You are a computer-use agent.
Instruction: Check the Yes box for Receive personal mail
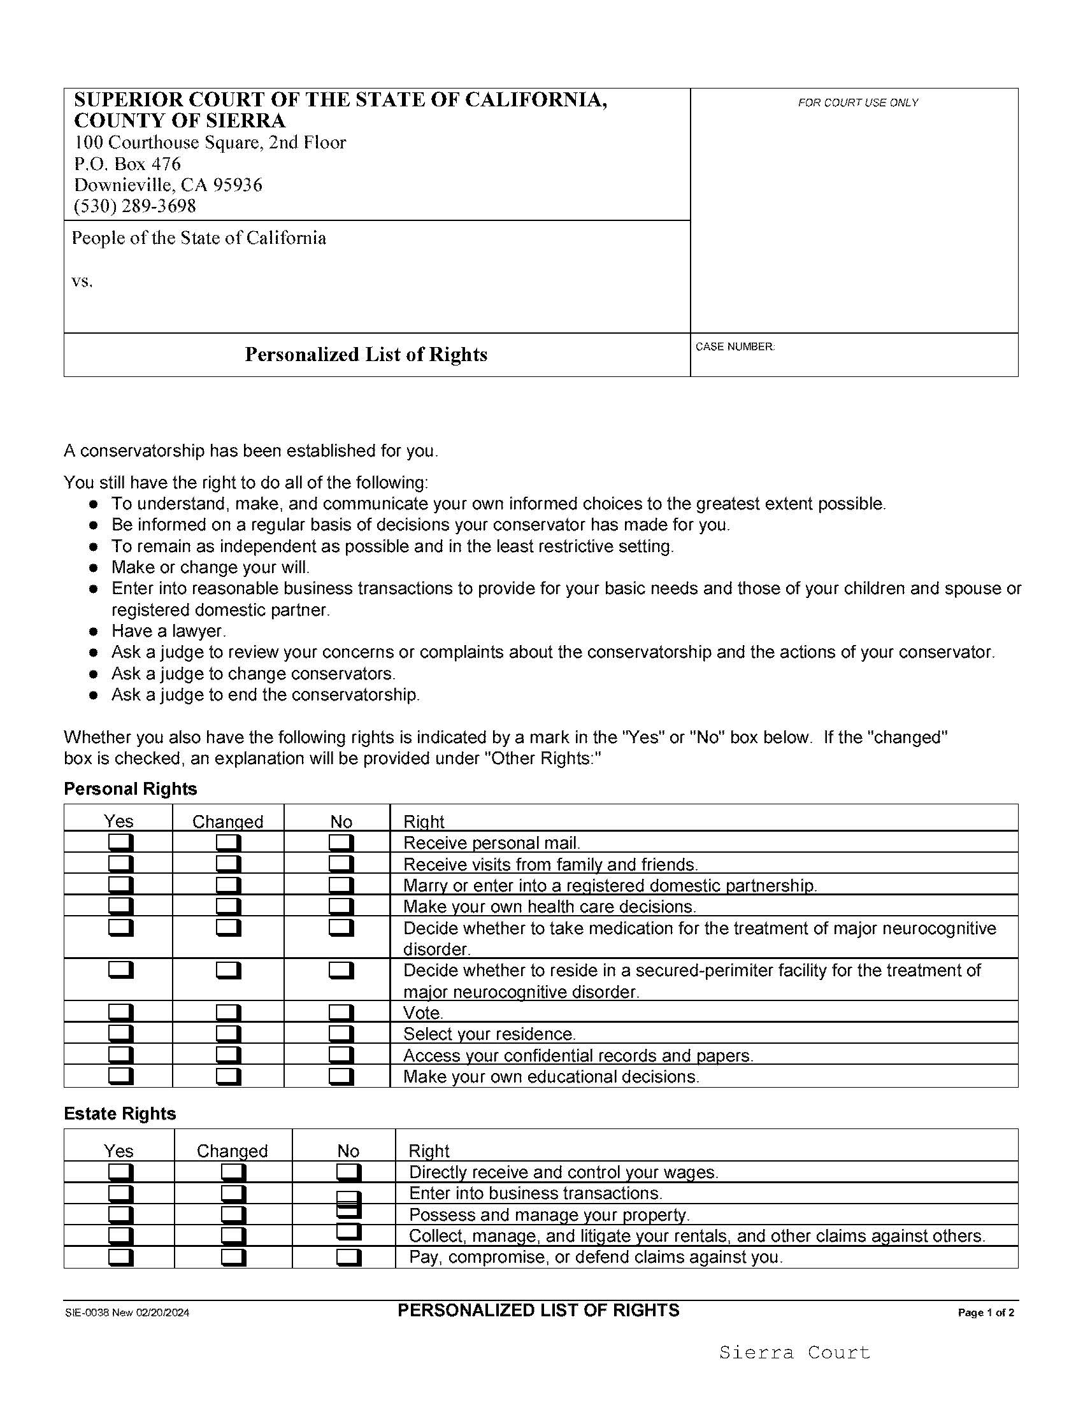(x=120, y=842)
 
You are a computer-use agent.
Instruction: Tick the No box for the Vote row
(x=341, y=1013)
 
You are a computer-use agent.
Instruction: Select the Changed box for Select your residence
(x=228, y=1034)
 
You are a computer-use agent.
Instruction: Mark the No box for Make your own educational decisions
(x=341, y=1076)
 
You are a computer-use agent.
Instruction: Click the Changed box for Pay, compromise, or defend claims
(x=233, y=1256)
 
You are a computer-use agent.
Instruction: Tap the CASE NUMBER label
(x=735, y=346)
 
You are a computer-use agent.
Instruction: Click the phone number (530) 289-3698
(x=134, y=206)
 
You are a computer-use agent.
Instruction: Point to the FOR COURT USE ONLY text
(x=858, y=103)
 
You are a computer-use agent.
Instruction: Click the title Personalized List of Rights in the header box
(x=366, y=355)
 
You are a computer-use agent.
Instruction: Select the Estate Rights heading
(x=119, y=1114)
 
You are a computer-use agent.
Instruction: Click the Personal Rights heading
(x=130, y=789)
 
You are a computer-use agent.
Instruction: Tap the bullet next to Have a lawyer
(x=94, y=632)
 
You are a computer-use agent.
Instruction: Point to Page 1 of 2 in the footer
(x=986, y=1312)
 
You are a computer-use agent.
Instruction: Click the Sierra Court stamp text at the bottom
(x=794, y=1352)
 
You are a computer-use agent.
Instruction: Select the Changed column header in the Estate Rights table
(x=233, y=1151)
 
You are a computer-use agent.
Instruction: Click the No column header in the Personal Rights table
(x=341, y=821)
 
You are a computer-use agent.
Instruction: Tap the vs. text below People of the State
(x=82, y=281)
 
